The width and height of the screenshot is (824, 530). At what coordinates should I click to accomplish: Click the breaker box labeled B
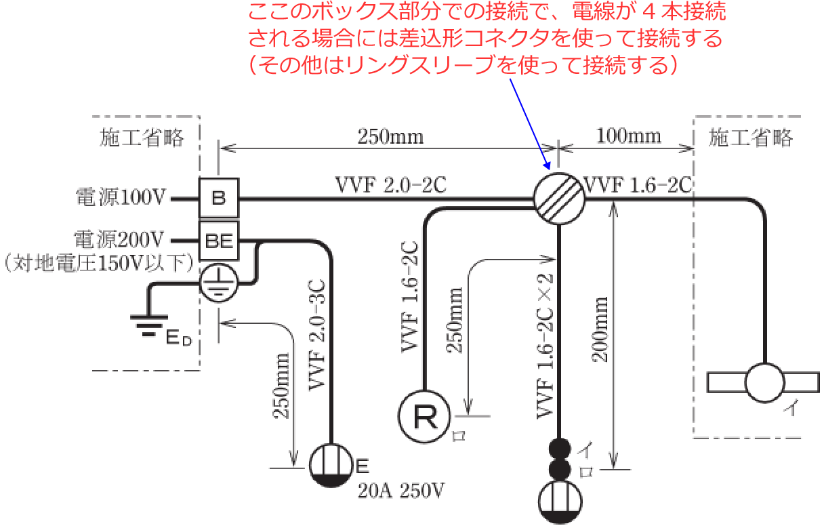(218, 199)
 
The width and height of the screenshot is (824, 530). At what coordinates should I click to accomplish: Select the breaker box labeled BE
(218, 240)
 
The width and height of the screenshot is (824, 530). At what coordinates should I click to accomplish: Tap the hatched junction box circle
(558, 199)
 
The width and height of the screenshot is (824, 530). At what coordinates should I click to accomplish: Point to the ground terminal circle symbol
(218, 282)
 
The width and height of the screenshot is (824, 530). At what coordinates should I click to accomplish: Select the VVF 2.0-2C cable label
(390, 185)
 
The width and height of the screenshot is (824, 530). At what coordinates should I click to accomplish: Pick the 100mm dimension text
(628, 136)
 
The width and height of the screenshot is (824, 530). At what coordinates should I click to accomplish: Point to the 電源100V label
(120, 199)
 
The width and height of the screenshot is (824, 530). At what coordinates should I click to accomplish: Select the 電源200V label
(120, 239)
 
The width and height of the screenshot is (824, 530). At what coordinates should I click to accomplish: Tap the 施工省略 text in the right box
(750, 138)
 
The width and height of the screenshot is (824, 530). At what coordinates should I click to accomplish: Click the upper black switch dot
(560, 449)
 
